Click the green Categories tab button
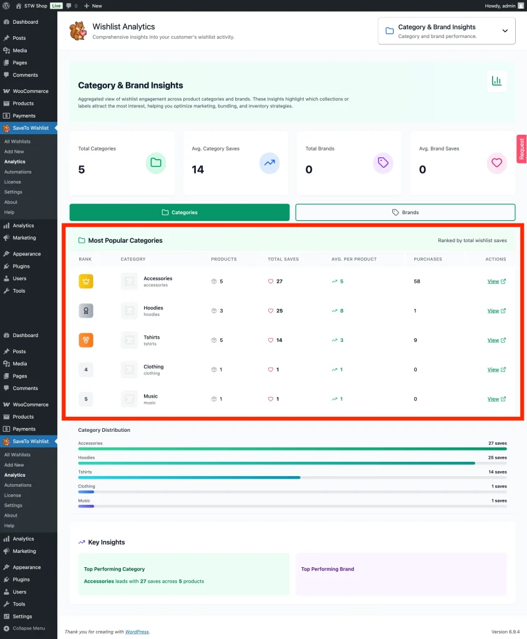180,212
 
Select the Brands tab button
405,212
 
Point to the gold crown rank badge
86,281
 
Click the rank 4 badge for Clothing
86,369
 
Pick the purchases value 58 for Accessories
417,281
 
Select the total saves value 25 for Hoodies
279,311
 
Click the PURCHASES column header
427,259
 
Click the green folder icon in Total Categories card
156,163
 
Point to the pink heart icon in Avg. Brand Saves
496,163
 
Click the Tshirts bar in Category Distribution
189,477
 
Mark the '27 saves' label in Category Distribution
497,443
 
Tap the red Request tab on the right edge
521,149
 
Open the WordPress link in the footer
137,632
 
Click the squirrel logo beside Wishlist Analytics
77,31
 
